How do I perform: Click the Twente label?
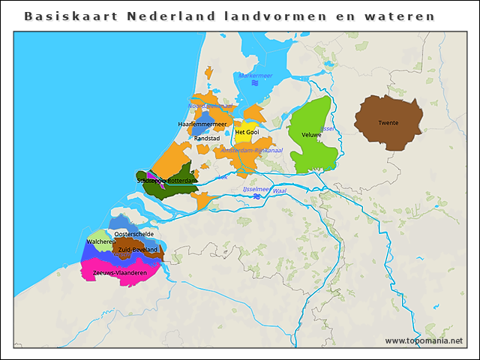[x=388, y=123]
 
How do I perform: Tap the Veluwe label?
[x=311, y=135]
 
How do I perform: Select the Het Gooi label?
[x=247, y=132]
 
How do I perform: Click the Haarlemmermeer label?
[x=202, y=124]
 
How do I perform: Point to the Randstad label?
[x=206, y=139]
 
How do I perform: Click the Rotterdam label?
[x=182, y=181]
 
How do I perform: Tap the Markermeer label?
[x=255, y=76]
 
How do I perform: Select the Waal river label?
[x=280, y=191]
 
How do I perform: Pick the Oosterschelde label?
[x=134, y=234]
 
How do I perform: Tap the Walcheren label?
[x=100, y=242]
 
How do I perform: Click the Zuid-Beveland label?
[x=137, y=250]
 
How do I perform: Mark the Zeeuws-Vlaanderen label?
[x=119, y=273]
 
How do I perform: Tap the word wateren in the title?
[x=406, y=16]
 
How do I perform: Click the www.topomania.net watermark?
[x=424, y=341]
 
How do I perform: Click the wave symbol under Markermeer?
[x=255, y=84]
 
